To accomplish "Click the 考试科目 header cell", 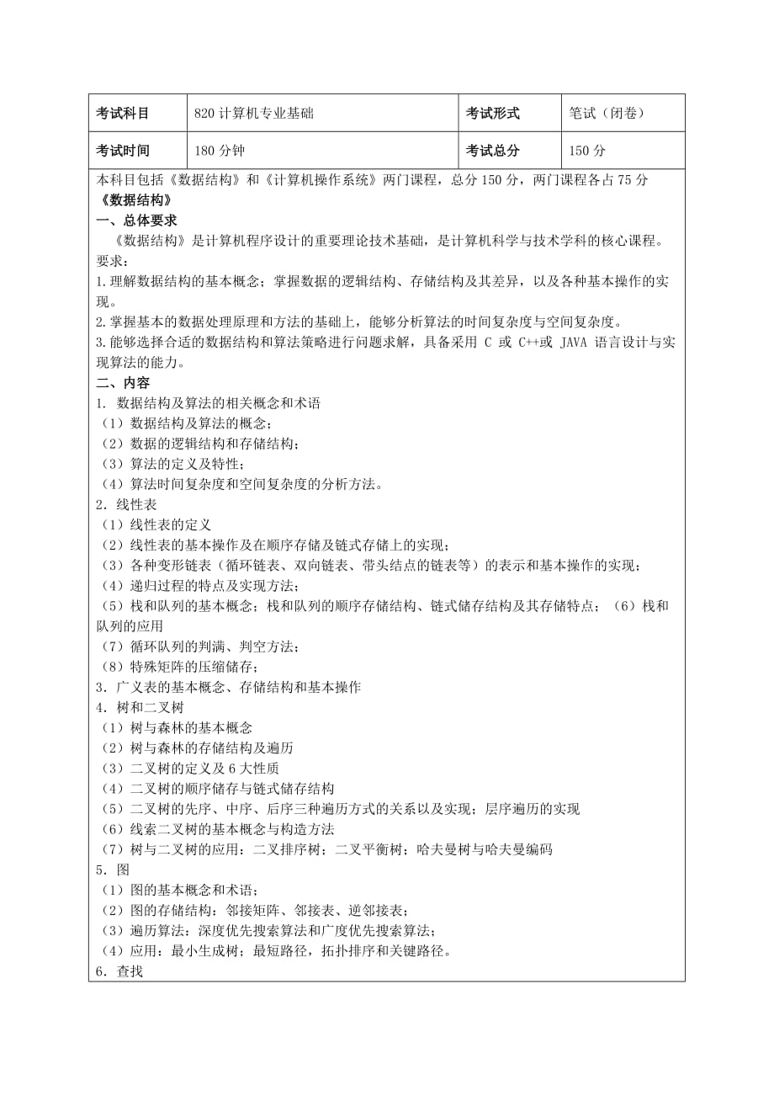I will [x=123, y=114].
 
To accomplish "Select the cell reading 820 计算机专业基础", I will [x=253, y=114].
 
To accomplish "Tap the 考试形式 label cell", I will [x=493, y=114].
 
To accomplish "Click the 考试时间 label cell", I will [x=123, y=152].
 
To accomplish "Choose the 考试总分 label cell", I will [x=493, y=152].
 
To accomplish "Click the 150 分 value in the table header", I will [x=587, y=152].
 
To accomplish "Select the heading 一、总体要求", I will [x=136, y=221].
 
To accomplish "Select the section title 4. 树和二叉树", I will [x=140, y=707].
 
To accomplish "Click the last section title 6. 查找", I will [x=119, y=971].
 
